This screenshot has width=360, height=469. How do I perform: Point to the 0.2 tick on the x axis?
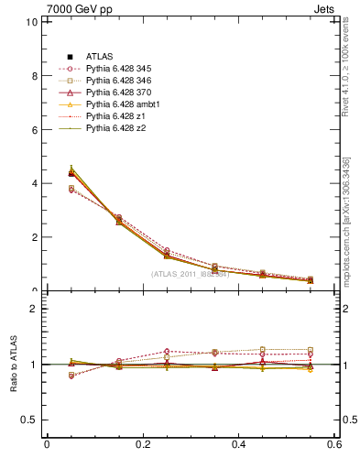tap(142, 444)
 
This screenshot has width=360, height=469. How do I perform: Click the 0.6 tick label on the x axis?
tap(334, 444)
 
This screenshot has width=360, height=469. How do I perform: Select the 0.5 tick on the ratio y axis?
tap(30, 420)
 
